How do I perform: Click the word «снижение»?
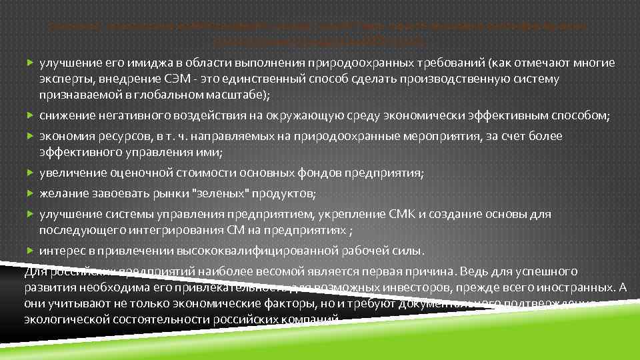[67, 115]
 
